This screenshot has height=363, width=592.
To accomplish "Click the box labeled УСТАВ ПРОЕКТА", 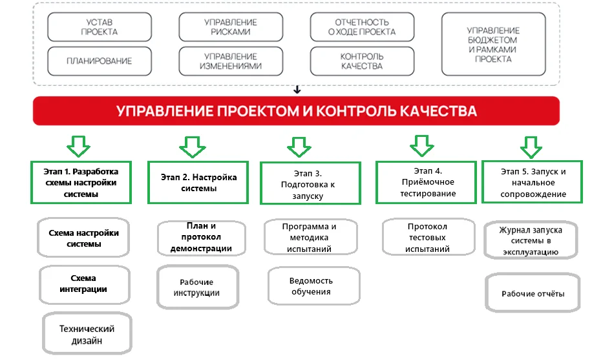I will coord(100,26).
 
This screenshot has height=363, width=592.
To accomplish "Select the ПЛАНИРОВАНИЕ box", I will coord(100,61).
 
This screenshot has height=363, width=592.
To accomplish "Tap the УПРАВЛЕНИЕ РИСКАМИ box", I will coord(231,26).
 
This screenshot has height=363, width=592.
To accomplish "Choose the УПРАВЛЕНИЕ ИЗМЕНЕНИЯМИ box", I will coord(231,61).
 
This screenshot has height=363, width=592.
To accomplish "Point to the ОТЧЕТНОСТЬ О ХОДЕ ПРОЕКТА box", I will coord(362,26).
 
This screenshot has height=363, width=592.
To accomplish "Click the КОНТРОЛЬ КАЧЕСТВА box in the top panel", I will coord(362,61).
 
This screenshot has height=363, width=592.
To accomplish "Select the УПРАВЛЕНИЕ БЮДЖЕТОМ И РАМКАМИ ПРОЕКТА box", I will coord(493,44).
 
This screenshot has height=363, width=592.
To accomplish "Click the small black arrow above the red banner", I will coord(297,90).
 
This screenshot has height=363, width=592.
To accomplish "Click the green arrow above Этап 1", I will coord(79,146).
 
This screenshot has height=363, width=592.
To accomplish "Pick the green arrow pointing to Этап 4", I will coord(422,146).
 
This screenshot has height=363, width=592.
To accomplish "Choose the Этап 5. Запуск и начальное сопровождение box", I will coord(533,183).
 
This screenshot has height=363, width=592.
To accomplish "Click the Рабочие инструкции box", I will coord(196,287).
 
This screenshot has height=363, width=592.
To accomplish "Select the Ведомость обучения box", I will coord(311,285).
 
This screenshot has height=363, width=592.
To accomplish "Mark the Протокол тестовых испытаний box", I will coord(427,237).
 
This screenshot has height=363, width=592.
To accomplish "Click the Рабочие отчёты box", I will coord(533,293).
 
